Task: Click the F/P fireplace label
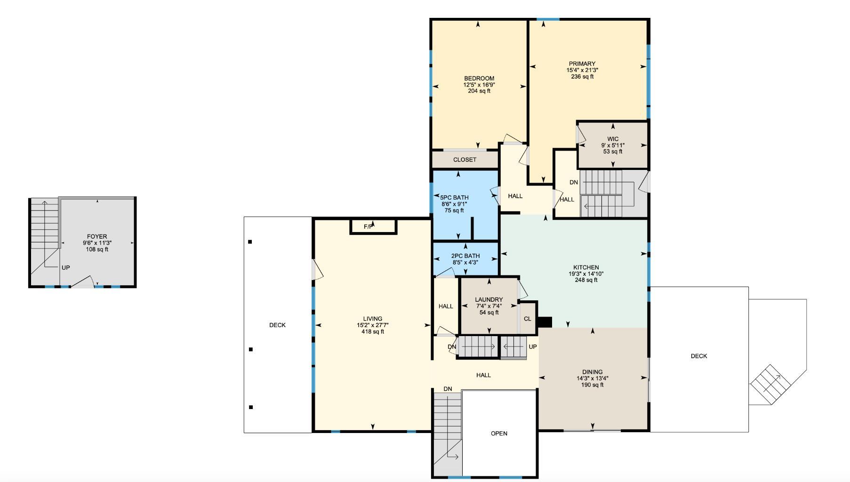tap(369, 227)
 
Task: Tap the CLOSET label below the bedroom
tap(465, 160)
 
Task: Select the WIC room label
tap(612, 139)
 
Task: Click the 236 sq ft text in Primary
tap(582, 77)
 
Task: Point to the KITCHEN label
tap(585, 267)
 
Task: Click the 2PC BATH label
tap(465, 256)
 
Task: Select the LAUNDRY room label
tap(489, 299)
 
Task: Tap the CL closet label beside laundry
tap(527, 319)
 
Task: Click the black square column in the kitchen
tap(545, 322)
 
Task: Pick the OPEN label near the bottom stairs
tap(499, 434)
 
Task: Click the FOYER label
tap(97, 237)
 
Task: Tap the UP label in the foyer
tap(65, 267)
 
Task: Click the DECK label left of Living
tap(277, 325)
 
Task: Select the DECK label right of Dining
tap(698, 356)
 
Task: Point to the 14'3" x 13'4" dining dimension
tap(592, 378)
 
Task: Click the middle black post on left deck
tap(251, 349)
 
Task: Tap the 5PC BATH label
tap(454, 198)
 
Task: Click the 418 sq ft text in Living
tap(372, 331)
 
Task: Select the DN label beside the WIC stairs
tap(573, 182)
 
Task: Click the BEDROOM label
tap(479, 79)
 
